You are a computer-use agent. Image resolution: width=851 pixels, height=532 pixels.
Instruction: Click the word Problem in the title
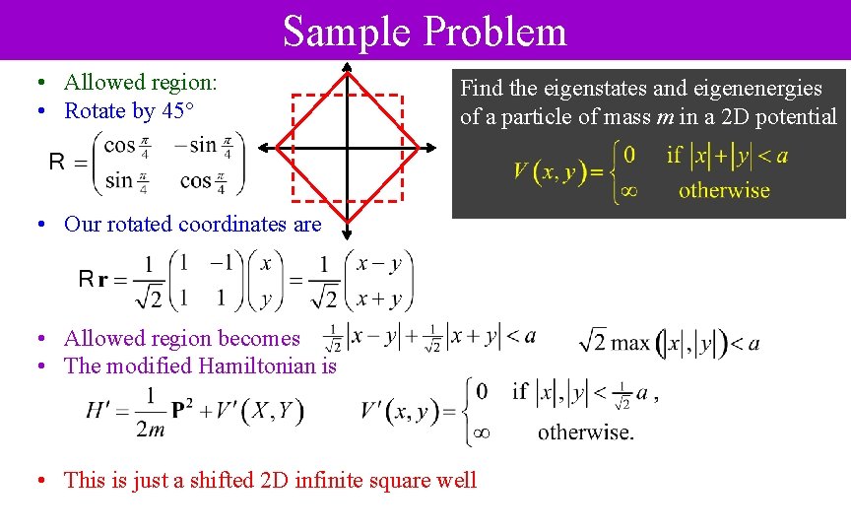click(494, 32)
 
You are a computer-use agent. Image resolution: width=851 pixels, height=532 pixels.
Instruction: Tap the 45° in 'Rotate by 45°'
click(175, 111)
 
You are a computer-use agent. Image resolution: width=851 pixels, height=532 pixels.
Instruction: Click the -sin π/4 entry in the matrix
click(203, 146)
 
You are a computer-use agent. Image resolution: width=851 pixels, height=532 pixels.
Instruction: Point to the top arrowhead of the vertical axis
click(347, 69)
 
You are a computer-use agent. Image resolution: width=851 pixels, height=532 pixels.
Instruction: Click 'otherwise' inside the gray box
click(724, 190)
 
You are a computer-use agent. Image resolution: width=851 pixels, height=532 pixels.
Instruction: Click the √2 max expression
click(616, 343)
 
